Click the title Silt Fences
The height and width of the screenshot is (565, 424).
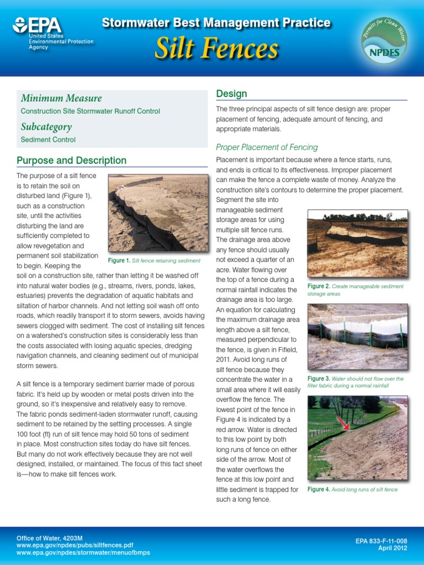tap(216, 49)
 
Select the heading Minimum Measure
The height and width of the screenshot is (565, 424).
tap(61, 98)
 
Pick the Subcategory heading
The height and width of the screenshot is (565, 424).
tap(46, 127)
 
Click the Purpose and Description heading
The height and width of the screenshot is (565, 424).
tap(71, 161)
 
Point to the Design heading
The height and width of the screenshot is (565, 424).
tap(231, 94)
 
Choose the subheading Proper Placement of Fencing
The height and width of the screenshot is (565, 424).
tap(267, 147)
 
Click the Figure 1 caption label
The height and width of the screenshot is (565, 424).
tap(119, 260)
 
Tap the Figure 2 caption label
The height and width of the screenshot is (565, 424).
tap(319, 286)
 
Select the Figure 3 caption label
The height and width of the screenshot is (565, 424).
tap(319, 379)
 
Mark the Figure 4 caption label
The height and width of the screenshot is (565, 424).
tap(319, 489)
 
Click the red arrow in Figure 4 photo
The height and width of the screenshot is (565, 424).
tap(345, 424)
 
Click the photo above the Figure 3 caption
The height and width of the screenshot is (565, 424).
tap(357, 337)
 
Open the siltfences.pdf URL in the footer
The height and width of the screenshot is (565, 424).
tap(75, 545)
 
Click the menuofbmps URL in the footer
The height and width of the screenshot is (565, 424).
tap(83, 552)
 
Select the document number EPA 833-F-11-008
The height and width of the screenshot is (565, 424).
tap(381, 541)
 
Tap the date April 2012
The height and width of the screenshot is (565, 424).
tap(393, 548)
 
